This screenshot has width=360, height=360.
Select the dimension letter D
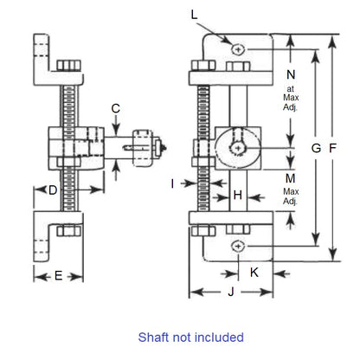(x=53, y=190)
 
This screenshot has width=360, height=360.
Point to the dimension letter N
(x=290, y=74)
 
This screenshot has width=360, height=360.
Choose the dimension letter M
(x=290, y=177)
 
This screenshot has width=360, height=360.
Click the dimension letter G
(x=317, y=148)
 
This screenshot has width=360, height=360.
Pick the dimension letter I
(x=173, y=183)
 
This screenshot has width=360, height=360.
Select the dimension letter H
(x=237, y=196)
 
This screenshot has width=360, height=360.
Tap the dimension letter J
(x=231, y=292)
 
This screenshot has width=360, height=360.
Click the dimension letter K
(x=254, y=272)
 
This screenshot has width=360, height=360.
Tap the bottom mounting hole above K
(x=237, y=246)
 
